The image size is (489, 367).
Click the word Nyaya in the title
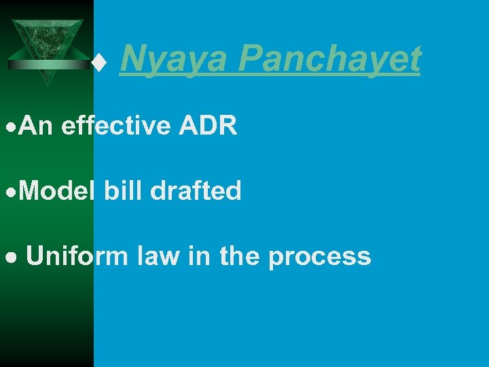point(174,59)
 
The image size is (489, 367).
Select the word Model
point(57,191)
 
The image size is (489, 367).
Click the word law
point(158,256)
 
